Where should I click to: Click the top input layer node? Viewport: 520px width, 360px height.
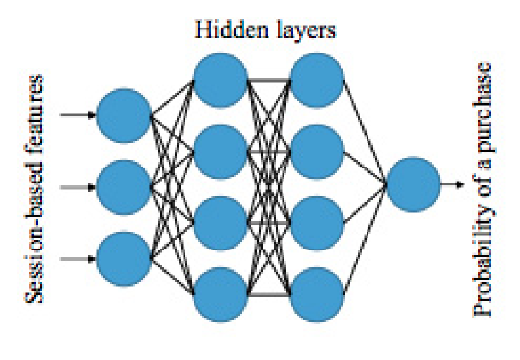coord(123,115)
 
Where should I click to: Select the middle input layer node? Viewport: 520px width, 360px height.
coord(123,187)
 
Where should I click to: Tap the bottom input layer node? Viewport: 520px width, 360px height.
coord(123,257)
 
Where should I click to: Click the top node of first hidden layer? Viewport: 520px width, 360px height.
coord(220,80)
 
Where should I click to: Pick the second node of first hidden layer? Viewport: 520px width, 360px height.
coord(220,151)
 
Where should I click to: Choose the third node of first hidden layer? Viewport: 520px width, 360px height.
coord(220,222)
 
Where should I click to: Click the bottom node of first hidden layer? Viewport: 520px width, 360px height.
coord(220,294)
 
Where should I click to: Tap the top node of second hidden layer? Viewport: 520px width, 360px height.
coord(317,80)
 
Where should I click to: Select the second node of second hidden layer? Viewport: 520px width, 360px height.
coord(317,151)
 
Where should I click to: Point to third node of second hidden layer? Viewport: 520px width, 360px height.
coord(317,222)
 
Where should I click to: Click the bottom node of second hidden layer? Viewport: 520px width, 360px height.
coord(317,294)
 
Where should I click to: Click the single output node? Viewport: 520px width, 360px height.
coord(413,185)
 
